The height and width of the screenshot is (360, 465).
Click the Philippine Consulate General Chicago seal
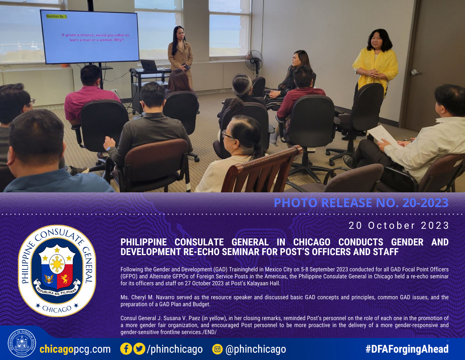point(57,271)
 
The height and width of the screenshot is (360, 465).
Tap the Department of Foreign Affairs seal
point(22,343)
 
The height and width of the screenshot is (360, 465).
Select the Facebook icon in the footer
point(126,349)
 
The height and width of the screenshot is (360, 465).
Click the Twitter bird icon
point(139,349)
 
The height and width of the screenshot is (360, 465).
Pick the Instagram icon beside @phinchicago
point(217,349)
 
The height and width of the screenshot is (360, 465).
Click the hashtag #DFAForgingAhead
point(407,349)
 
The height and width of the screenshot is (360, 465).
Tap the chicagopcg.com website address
point(75,349)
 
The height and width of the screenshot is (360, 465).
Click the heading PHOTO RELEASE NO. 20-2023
point(361,203)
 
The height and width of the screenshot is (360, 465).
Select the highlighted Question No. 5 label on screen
point(57,17)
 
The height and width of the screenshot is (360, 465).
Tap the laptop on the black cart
point(149,65)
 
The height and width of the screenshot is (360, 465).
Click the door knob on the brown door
point(415,72)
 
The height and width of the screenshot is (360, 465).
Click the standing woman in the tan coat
point(181,54)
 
